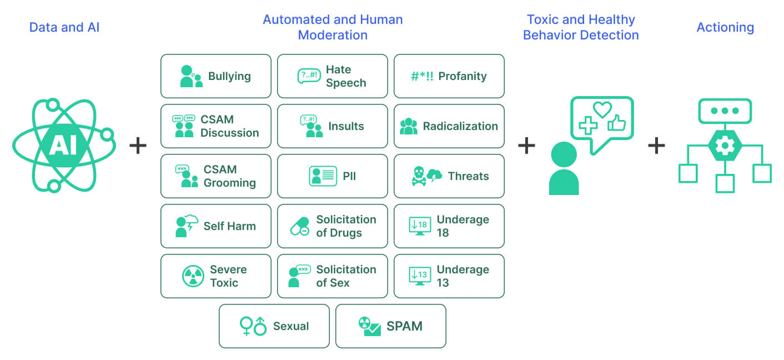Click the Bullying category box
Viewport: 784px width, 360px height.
click(x=215, y=76)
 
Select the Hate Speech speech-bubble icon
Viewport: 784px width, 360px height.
click(x=309, y=76)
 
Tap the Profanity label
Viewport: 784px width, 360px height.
click(x=462, y=76)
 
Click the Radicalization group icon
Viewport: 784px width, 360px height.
click(x=408, y=126)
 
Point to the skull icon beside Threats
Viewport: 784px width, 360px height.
click(x=418, y=176)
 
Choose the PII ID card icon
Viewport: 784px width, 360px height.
click(x=323, y=176)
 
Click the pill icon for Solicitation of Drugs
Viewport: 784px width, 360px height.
click(x=300, y=226)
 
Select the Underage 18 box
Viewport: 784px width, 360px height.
click(x=449, y=226)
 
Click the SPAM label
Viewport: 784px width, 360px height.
click(x=404, y=326)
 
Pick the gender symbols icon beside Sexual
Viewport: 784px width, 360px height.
click(x=253, y=326)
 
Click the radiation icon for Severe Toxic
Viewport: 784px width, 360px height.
click(x=193, y=276)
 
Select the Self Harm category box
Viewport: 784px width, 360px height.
click(x=215, y=226)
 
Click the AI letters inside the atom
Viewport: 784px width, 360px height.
click(x=63, y=146)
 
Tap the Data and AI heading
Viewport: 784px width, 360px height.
click(x=64, y=27)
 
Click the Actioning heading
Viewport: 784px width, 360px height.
click(x=725, y=27)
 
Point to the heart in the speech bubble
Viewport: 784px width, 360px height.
click(x=602, y=109)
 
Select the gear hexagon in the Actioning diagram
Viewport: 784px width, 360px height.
click(x=724, y=146)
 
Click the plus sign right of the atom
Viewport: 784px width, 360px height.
click(x=138, y=146)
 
